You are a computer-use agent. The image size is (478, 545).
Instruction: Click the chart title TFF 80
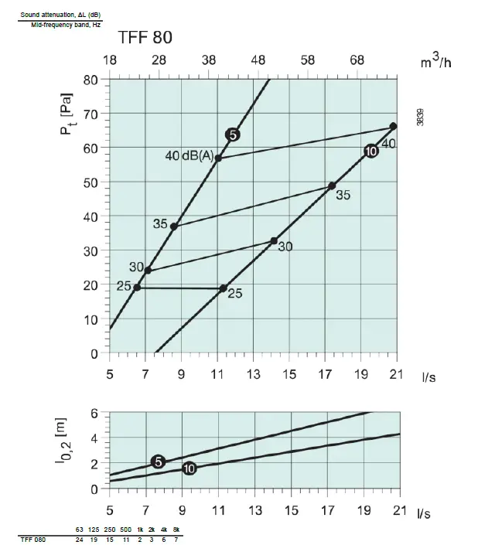[x=145, y=37]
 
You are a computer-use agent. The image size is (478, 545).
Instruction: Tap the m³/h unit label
[x=435, y=60]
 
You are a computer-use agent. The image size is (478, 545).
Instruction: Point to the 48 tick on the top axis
[x=258, y=60]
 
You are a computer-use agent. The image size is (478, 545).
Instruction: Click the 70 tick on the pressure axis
[x=92, y=114]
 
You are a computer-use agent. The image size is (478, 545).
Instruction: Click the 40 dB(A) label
[x=189, y=155]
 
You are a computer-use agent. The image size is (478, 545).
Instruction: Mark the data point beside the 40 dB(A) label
[x=218, y=158]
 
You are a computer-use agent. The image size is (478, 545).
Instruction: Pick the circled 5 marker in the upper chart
[x=233, y=135]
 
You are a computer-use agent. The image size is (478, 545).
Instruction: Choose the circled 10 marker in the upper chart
[x=370, y=151]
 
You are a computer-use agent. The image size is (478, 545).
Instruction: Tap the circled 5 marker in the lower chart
[x=159, y=462]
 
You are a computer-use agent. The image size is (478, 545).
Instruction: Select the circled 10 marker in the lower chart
[x=189, y=469]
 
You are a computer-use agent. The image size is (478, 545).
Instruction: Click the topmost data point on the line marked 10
[x=393, y=126]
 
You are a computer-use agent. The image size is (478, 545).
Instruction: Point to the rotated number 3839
[x=420, y=117]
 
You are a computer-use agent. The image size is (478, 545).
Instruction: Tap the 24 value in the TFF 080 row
[x=80, y=540]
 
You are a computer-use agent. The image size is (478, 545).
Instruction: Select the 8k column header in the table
[x=176, y=529]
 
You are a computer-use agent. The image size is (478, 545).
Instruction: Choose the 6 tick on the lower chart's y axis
[x=94, y=414]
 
